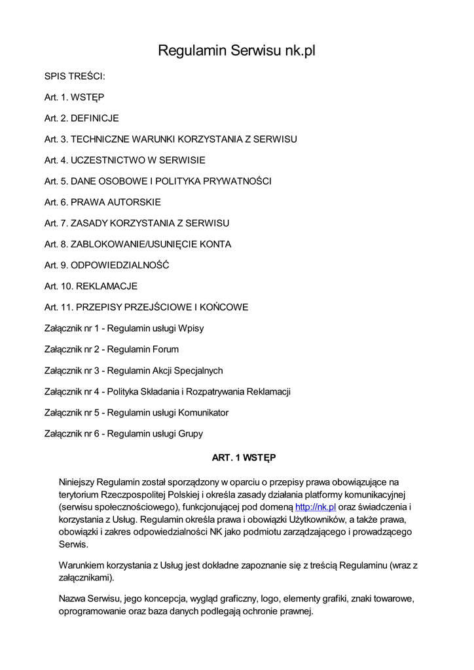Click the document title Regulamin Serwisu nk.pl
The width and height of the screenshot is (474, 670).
tap(236, 50)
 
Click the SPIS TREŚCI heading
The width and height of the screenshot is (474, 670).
tap(75, 77)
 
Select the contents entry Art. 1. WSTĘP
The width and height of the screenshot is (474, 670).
tap(74, 97)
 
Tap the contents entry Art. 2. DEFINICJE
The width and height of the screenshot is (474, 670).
tap(82, 118)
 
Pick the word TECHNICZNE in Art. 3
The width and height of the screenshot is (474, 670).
tap(100, 139)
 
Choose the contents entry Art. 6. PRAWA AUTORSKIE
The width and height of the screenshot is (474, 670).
tap(103, 202)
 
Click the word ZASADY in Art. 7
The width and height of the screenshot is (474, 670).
tap(89, 223)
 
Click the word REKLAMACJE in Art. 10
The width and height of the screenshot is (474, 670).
tap(107, 286)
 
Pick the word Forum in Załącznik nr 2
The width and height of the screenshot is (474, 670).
tap(165, 349)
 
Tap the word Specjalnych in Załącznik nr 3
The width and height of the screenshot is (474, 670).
tap(198, 370)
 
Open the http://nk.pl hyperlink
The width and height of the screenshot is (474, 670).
tap(316, 506)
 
